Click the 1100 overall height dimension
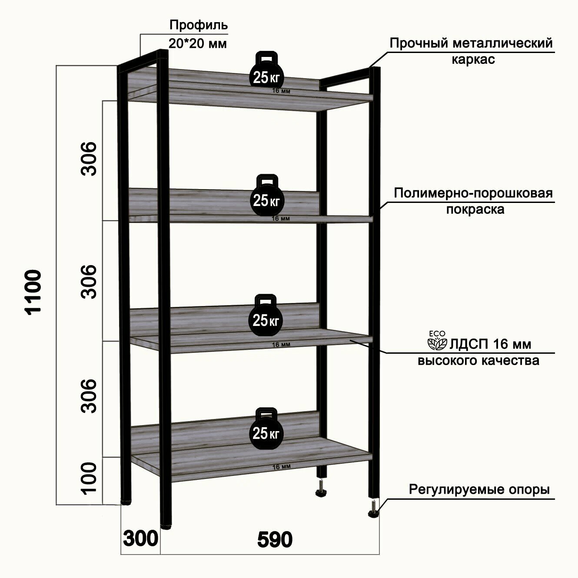33,291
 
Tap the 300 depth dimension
140,539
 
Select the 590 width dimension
275,540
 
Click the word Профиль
198,25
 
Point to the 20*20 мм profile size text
197,43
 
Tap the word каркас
473,60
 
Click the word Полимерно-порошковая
473,193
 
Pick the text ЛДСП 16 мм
490,344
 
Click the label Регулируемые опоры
479,490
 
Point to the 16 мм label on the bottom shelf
281,467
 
